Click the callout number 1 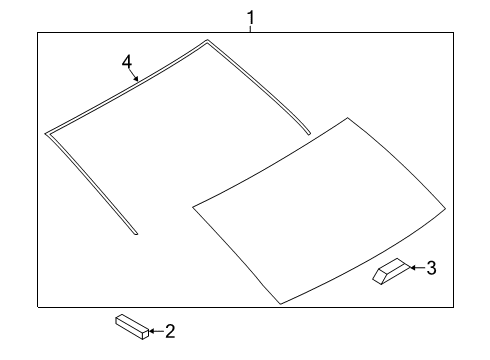(x=251, y=17)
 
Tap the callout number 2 (x=170, y=331)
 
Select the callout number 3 (x=431, y=268)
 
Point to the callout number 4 (x=127, y=62)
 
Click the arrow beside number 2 (x=156, y=331)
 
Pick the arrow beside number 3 (x=418, y=267)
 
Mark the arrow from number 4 (x=134, y=75)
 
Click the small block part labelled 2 (x=132, y=327)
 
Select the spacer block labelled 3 (x=391, y=271)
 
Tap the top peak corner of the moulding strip (x=207, y=40)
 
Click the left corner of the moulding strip (x=46, y=134)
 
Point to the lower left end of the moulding (x=136, y=233)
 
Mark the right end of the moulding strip (x=309, y=134)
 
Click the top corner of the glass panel (x=348, y=118)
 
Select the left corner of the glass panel (x=193, y=207)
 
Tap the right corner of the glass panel (x=445, y=209)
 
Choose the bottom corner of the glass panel (x=280, y=304)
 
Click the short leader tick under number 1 (x=250, y=29)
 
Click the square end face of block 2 (x=145, y=334)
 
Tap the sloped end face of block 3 (x=379, y=276)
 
